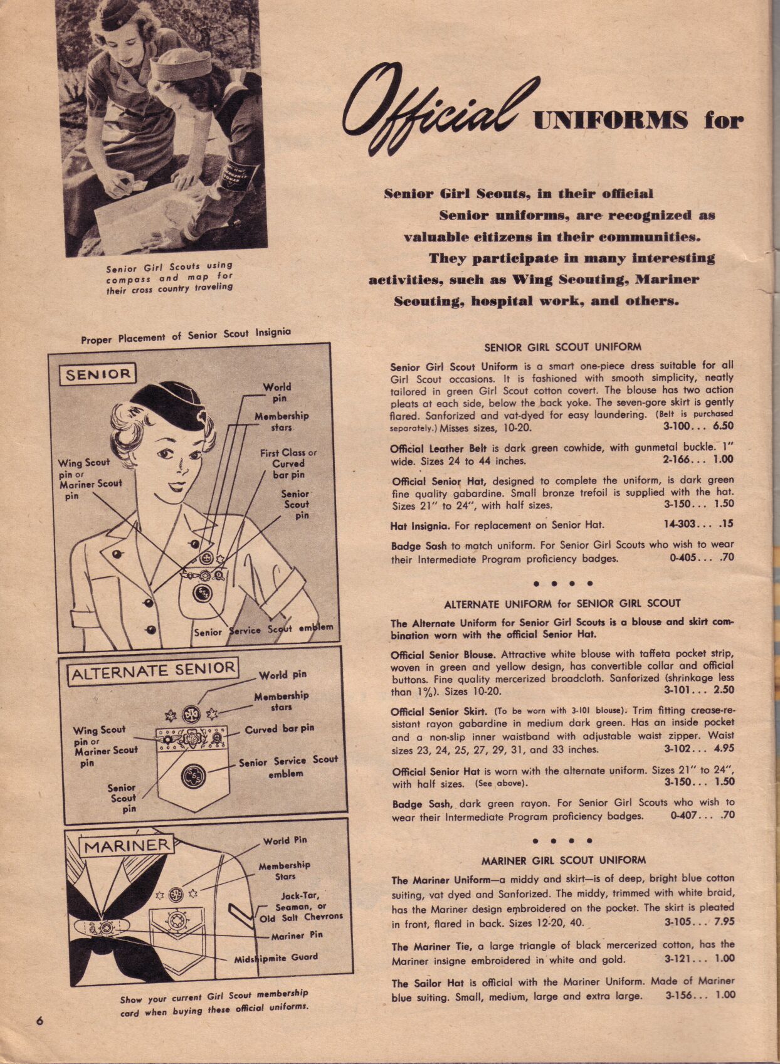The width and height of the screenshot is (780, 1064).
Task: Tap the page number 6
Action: tap(39, 1020)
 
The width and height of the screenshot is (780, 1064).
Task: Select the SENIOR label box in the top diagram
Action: tap(98, 374)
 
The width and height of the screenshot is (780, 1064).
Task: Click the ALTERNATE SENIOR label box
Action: tap(153, 672)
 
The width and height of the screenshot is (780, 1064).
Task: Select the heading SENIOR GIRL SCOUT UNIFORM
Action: tap(562, 347)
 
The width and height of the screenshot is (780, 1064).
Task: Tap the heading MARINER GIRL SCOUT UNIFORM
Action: tap(563, 860)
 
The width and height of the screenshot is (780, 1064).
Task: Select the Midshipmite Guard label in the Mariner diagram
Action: tap(276, 959)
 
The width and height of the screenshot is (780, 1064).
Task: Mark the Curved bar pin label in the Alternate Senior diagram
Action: tap(279, 729)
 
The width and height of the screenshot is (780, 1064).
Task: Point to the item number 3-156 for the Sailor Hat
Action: tap(682, 995)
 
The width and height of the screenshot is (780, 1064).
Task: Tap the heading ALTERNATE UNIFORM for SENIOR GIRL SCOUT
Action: tap(562, 604)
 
